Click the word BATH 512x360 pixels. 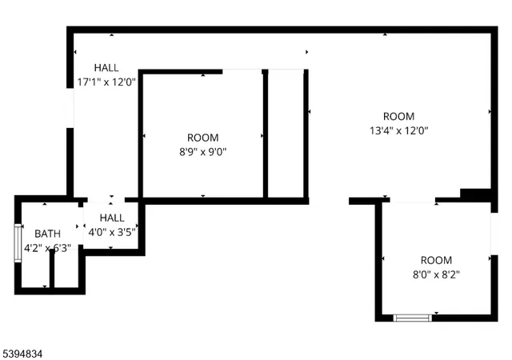coord(46,233)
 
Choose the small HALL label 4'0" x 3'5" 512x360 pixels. coord(112,218)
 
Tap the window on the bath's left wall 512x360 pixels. coord(18,243)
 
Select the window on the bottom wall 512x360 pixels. coord(413,318)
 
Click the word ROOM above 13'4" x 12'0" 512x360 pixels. coord(398,116)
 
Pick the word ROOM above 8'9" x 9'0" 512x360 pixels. coord(202,138)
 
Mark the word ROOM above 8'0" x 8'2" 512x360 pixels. coord(436,260)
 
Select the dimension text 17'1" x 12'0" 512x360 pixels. coord(107,81)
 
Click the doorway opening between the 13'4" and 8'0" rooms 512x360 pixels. coord(410,201)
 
